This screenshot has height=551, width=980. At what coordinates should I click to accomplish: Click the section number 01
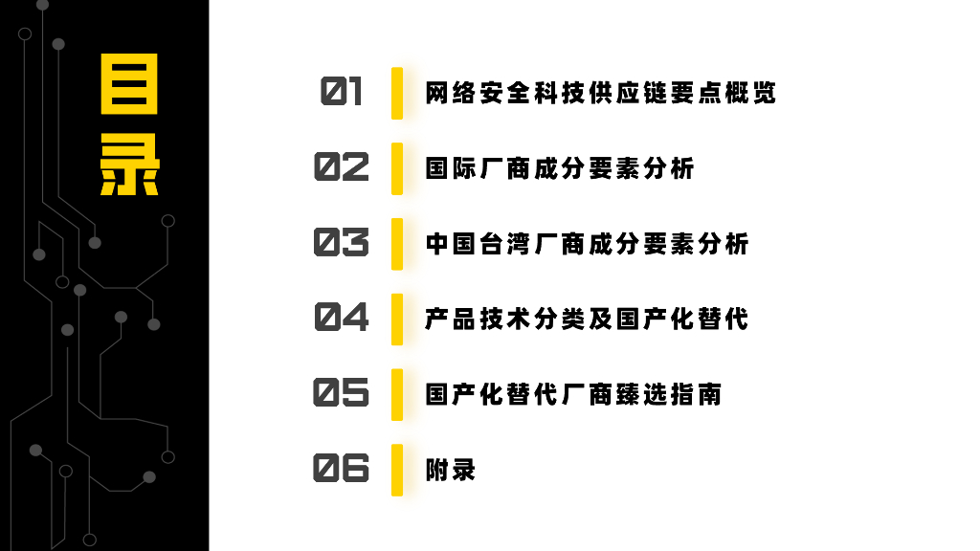point(342,93)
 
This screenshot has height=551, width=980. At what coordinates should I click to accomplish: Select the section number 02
point(342,167)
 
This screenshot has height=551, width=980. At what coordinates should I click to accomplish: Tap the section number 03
point(342,243)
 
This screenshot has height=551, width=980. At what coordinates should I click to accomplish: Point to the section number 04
point(342,318)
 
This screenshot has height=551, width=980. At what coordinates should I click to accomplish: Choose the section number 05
point(342,393)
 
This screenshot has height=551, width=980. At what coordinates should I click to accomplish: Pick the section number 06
point(342,469)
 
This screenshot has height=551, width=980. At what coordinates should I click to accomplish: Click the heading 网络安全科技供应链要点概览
point(600,93)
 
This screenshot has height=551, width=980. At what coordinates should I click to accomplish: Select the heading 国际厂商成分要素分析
point(560,168)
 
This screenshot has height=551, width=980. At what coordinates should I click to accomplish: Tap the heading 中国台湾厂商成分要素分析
point(587,243)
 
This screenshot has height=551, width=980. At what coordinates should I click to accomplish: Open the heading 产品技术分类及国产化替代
point(587,319)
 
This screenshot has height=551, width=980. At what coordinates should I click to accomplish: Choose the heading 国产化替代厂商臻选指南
point(573,393)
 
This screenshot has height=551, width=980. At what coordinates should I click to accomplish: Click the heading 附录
point(450,470)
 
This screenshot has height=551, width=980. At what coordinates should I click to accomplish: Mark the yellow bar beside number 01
point(397,93)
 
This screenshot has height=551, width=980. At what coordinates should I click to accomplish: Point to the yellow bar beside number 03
point(397,243)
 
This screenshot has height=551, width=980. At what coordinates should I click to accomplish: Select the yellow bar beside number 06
point(397,469)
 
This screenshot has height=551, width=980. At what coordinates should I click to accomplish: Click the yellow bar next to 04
point(397,319)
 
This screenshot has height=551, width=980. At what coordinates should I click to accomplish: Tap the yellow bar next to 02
point(397,168)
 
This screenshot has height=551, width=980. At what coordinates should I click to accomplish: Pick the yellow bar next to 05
point(397,393)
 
